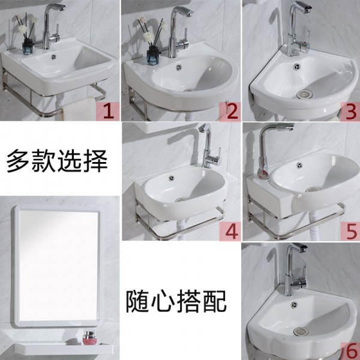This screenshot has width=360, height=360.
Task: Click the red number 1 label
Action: coord(107,112)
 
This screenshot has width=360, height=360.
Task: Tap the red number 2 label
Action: coord(230,112)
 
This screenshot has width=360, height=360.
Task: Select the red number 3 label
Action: coord(350,112)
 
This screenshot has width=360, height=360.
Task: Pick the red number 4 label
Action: coord(230,232)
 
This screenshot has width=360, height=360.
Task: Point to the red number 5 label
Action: coord(350,232)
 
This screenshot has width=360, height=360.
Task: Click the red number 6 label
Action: coord(351,351)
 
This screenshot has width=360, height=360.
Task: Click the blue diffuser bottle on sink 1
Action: coord(28,47)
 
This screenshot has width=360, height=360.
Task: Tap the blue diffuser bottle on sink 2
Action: coord(153,55)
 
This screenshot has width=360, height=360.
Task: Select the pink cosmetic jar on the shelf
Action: coord(89,338)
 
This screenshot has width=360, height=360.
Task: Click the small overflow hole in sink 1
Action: coord(54,57)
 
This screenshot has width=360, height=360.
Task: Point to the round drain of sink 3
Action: coord(304,94)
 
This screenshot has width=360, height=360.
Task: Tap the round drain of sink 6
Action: coord(301,331)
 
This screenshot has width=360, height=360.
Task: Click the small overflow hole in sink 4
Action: coord(171,178)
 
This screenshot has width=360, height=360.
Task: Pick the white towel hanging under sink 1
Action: coord(79,110)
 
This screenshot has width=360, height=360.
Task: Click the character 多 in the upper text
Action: coord(18,161)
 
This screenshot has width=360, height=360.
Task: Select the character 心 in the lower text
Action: coord(163,301)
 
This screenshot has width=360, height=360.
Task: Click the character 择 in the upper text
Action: coord(95,161)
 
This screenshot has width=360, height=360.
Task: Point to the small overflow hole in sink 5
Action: coord(299,166)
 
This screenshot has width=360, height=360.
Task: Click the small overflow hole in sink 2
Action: coord(179,67)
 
